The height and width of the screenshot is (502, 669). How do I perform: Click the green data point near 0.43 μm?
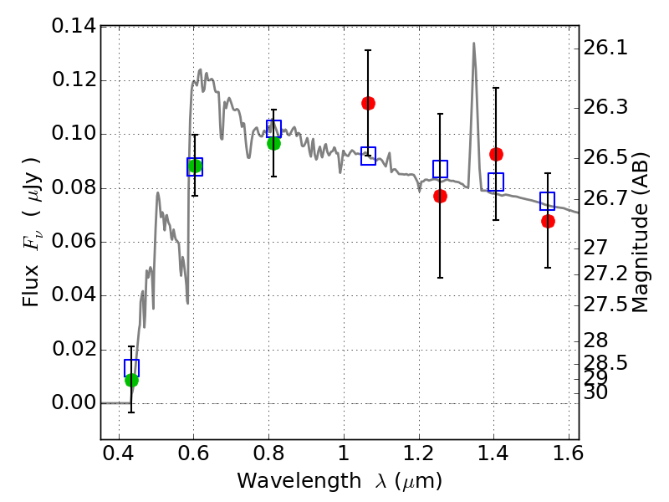coord(131,381)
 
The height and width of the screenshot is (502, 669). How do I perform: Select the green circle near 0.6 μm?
coord(195,166)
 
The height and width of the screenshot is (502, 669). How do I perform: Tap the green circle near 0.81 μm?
coord(273,143)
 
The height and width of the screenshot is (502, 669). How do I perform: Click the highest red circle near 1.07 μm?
coord(368,103)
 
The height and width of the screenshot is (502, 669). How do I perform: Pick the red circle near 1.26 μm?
coord(440,196)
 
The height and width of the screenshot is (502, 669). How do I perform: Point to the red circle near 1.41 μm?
coord(496,154)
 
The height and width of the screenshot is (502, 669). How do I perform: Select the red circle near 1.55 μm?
coord(548,221)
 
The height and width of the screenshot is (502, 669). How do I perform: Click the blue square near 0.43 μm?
coord(131,368)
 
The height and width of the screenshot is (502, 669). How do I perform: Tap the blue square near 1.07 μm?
coord(368,156)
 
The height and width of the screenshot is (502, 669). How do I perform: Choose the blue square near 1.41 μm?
coord(496,182)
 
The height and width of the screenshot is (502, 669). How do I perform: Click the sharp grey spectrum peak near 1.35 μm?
coord(473,44)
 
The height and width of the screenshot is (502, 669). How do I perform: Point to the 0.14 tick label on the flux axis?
coord(74,27)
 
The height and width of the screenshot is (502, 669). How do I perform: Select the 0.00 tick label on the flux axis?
coord(74,403)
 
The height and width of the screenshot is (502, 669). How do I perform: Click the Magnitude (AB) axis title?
coord(641,232)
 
